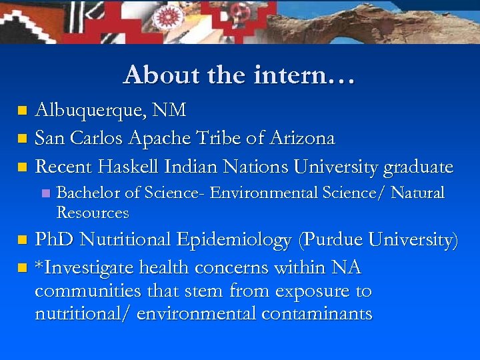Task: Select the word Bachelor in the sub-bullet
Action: (89, 193)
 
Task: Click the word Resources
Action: (93, 213)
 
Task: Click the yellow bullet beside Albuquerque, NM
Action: (22, 110)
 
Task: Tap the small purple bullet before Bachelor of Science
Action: (45, 194)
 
